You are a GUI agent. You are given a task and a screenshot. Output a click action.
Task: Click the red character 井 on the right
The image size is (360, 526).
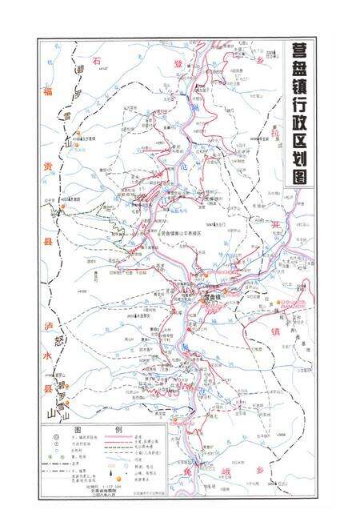[279, 227]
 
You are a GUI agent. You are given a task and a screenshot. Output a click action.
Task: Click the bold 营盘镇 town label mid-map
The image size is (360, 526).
[211, 296]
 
